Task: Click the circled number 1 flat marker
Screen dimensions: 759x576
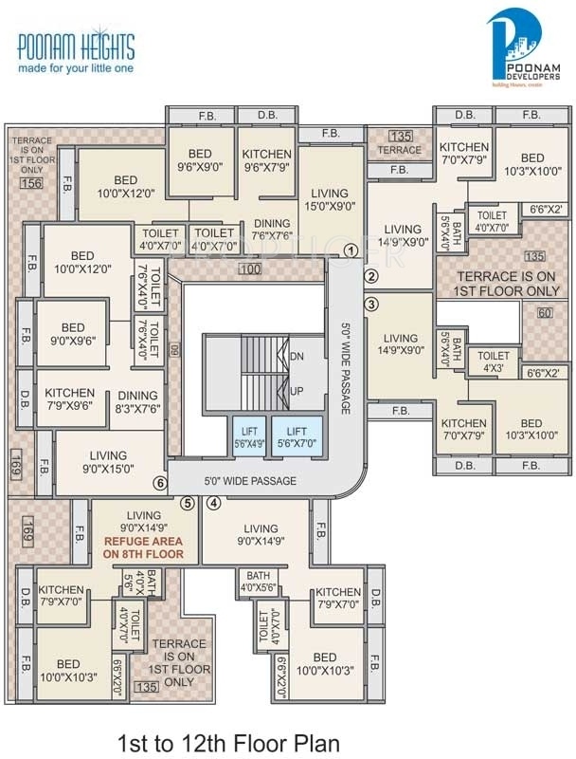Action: click(351, 251)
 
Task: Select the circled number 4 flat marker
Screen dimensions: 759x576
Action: click(214, 503)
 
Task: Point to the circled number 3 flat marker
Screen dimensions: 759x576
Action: click(371, 305)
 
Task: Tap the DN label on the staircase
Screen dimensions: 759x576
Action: click(297, 358)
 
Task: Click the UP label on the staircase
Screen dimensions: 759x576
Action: click(297, 390)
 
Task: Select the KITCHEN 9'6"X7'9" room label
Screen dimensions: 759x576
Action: click(266, 160)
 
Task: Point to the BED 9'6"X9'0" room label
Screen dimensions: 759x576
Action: click(200, 160)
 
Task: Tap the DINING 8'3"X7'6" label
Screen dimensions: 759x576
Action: click(138, 403)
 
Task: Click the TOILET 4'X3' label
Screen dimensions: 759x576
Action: click(494, 361)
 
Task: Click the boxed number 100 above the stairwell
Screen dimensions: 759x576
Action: click(249, 271)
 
